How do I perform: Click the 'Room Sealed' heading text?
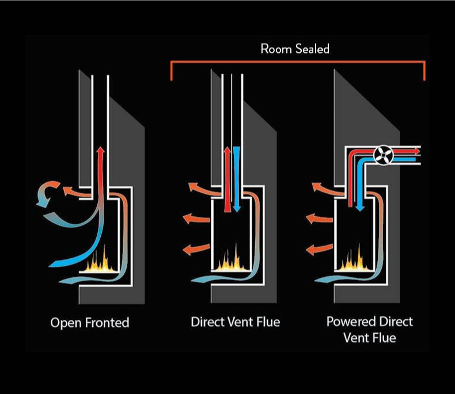click(295, 49)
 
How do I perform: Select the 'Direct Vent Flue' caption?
click(235, 322)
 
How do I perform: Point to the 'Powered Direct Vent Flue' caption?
click(369, 329)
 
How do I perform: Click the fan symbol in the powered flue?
click(382, 152)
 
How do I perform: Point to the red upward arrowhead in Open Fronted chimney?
click(100, 151)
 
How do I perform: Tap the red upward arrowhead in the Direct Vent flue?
click(227, 151)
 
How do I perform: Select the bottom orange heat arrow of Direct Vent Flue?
click(189, 249)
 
